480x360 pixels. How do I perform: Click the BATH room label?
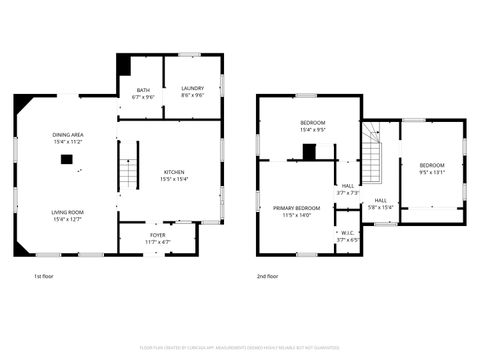coord(144,88)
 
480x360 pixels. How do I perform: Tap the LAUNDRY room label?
coord(193,88)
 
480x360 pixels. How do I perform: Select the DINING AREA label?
coord(67,135)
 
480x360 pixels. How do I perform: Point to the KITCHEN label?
coord(173,171)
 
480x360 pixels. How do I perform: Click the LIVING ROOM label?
coord(67,212)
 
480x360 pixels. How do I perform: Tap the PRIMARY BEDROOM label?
coord(297,208)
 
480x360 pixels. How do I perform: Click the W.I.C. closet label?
coord(347,233)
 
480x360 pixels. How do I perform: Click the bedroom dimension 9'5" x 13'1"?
coord(432,171)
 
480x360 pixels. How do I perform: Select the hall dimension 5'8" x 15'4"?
coord(381,207)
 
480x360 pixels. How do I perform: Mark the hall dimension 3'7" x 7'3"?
coord(347,192)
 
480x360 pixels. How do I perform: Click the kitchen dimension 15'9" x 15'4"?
coord(173,178)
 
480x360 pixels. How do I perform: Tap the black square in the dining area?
coord(66,158)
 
